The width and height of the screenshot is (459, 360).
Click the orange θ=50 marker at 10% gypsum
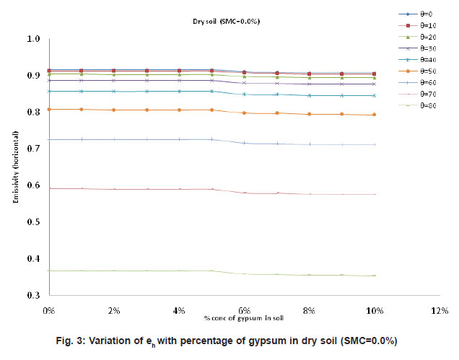374,115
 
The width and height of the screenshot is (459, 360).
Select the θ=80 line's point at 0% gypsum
49,271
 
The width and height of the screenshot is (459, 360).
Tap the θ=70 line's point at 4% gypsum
179,189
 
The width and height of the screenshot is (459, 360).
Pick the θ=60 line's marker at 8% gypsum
309,144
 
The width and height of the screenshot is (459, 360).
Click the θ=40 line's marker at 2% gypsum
114,91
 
